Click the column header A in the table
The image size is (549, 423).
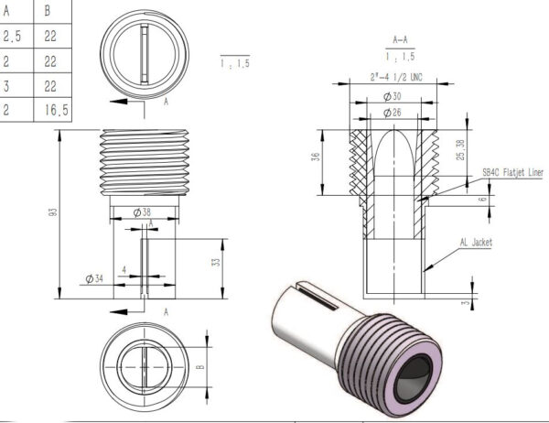click(x=12, y=12)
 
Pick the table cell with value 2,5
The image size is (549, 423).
click(x=12, y=37)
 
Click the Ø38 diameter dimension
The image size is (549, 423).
click(x=142, y=212)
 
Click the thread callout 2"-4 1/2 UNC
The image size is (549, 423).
click(x=399, y=77)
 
